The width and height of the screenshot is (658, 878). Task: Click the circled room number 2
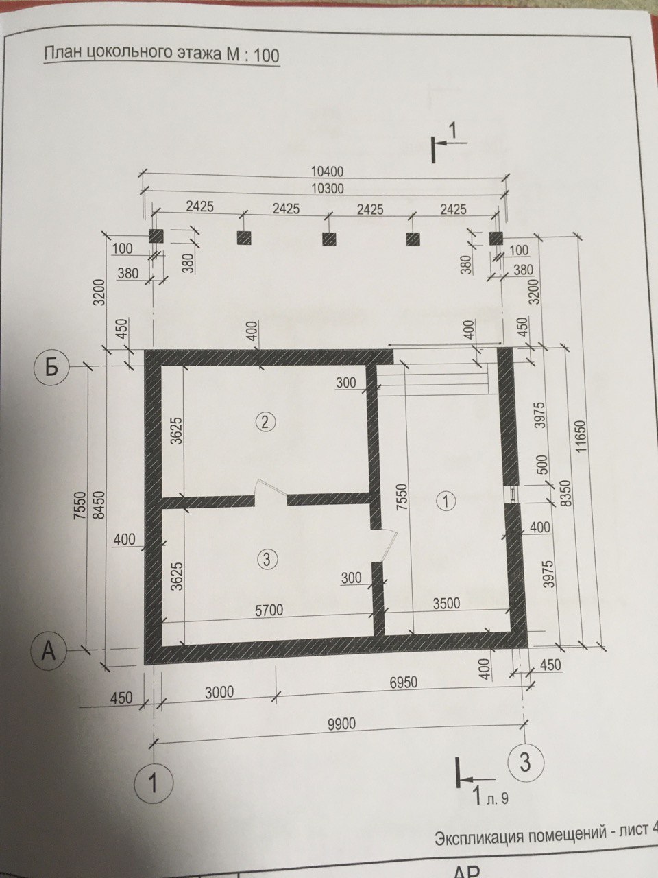pos(266,422)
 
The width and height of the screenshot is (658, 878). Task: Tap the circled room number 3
pos(267,559)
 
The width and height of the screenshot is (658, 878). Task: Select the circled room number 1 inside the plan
pos(447,501)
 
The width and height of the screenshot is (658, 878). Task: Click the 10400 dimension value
pos(327,171)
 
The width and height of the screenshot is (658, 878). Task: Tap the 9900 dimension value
pos(341,724)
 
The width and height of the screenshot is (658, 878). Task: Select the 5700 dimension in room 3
pos(269,610)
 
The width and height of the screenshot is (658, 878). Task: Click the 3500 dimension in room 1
pos(446,603)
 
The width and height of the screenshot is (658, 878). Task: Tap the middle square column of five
pos(329,239)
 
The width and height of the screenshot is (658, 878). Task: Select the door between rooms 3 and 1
pos(385,545)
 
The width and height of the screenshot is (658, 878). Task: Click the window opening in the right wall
pos(512,494)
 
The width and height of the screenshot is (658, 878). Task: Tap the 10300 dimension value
pos(327,189)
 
